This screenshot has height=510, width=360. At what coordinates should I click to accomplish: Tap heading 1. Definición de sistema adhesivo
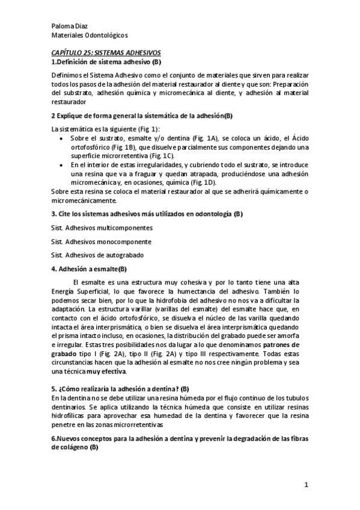click(x=105, y=62)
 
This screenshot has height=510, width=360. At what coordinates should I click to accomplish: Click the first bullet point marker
click(x=64, y=138)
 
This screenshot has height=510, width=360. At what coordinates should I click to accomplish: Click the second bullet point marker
click(x=64, y=164)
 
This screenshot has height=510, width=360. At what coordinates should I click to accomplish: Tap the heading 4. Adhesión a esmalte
click(x=89, y=269)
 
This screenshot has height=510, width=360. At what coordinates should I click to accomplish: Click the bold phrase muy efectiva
click(x=111, y=355)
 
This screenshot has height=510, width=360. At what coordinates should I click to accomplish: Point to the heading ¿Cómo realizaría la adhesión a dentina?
click(x=120, y=371)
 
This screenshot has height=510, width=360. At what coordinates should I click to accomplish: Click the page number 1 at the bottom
click(x=306, y=485)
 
